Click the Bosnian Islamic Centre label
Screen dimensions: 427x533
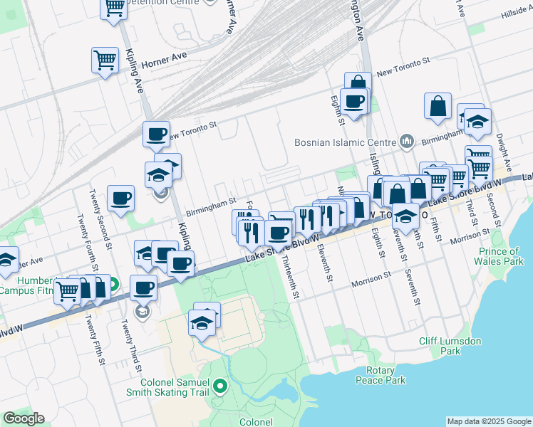346,142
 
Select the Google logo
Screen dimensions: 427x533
24,418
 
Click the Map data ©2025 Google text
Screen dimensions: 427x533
489,421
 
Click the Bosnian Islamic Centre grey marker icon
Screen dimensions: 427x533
407,141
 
